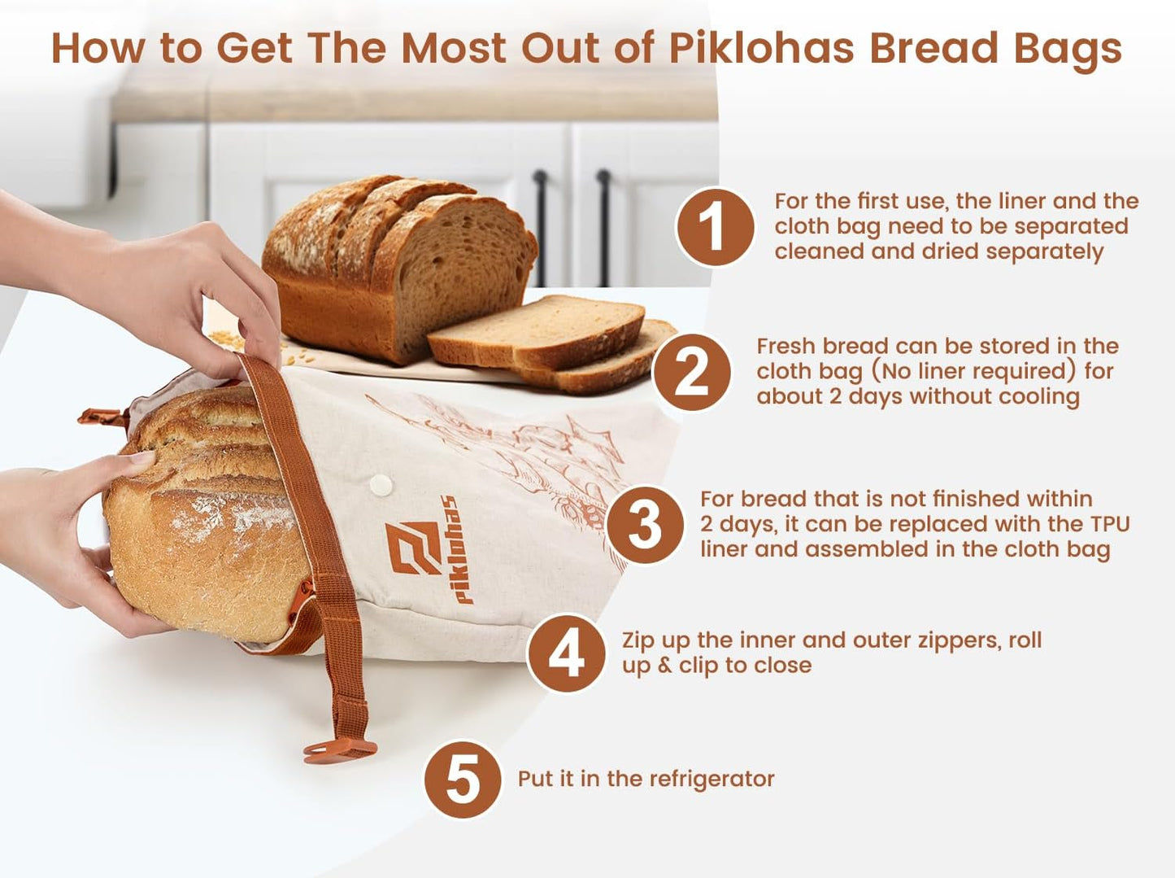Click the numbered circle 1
point(715,226)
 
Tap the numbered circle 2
point(691,372)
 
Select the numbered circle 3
point(645,525)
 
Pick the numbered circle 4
point(566,653)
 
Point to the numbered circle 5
point(463,779)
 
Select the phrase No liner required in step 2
point(974,371)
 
